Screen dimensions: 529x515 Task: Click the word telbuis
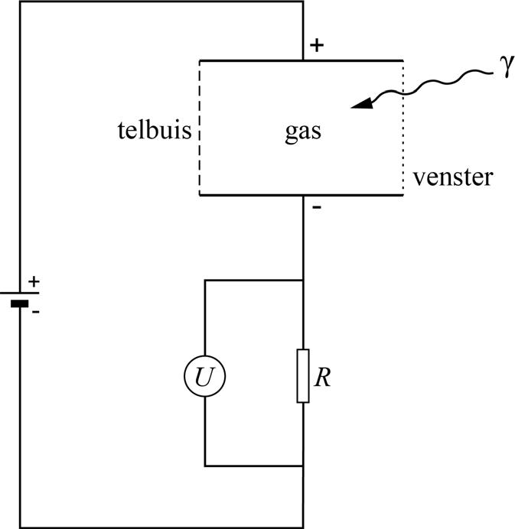click(152, 129)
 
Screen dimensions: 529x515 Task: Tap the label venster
click(453, 178)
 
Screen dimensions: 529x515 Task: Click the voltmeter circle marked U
click(204, 376)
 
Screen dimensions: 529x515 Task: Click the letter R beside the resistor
click(323, 378)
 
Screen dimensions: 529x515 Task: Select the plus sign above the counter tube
click(316, 45)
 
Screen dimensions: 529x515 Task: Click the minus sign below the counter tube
click(315, 207)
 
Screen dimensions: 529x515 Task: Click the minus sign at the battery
click(34, 312)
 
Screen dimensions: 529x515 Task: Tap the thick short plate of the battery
click(19, 303)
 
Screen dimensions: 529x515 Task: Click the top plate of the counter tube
click(253, 60)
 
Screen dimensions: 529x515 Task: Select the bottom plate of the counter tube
click(253, 195)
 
